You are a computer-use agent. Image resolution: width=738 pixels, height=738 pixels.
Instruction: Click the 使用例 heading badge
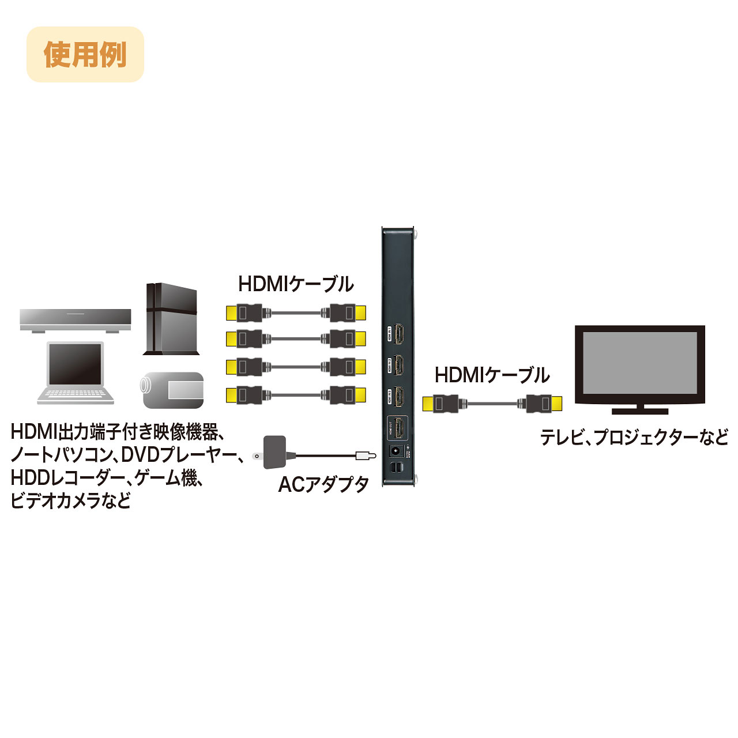(85, 54)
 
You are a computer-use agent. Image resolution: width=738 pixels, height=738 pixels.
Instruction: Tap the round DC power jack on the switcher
(396, 451)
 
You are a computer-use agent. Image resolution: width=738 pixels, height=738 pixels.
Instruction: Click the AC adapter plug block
(274, 451)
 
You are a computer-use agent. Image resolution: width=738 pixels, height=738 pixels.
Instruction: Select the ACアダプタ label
(323, 484)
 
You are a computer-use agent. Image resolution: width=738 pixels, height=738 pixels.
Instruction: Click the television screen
(639, 363)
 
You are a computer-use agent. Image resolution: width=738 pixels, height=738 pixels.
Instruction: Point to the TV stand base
(639, 411)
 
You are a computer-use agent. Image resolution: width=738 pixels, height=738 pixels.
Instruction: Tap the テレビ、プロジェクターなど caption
(634, 437)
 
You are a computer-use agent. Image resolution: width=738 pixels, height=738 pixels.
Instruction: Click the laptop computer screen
(75, 364)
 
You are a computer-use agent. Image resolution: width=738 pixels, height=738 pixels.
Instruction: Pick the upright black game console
(171, 318)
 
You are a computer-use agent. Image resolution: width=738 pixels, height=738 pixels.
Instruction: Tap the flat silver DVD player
(75, 319)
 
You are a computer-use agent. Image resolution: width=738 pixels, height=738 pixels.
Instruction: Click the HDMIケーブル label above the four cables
(296, 284)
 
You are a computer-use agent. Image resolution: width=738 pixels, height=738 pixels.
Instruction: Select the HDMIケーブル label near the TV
(492, 375)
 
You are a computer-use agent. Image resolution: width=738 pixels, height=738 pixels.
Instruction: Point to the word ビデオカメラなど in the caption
(70, 500)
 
